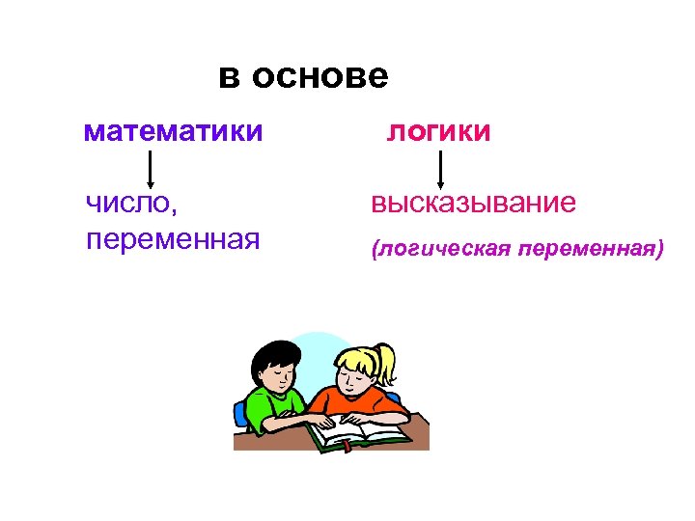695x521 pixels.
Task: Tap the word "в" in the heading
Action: [229, 76]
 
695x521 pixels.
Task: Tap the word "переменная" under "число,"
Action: [173, 237]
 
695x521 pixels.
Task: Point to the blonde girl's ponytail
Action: [387, 362]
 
